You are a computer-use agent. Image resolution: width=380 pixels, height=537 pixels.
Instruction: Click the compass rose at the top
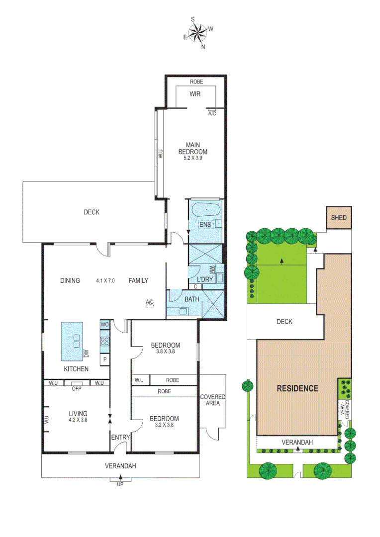click(198, 33)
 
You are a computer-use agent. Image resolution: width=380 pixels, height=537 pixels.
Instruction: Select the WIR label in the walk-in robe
click(194, 94)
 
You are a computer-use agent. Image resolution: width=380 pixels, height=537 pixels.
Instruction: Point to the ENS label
click(205, 225)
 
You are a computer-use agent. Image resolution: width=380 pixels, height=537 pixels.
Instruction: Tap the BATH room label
click(191, 299)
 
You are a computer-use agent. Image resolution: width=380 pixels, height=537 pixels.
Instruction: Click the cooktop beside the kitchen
click(104, 341)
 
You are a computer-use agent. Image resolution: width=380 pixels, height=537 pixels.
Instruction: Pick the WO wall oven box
click(104, 325)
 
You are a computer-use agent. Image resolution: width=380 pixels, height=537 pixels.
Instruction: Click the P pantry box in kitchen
click(104, 359)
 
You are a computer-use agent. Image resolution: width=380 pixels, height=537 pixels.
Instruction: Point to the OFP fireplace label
click(76, 389)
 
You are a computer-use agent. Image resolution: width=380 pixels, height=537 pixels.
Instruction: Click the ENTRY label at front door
click(120, 438)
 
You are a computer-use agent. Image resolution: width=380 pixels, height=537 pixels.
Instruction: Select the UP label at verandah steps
click(120, 483)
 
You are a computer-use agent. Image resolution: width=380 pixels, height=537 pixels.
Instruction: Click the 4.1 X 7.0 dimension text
click(105, 280)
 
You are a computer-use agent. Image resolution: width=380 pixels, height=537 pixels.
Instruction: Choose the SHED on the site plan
click(339, 218)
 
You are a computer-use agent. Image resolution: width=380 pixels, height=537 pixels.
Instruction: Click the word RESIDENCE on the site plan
click(297, 388)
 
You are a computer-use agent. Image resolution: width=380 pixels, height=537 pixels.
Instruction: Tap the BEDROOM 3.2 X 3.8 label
click(164, 422)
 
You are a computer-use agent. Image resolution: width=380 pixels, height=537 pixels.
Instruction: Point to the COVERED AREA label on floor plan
click(212, 400)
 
